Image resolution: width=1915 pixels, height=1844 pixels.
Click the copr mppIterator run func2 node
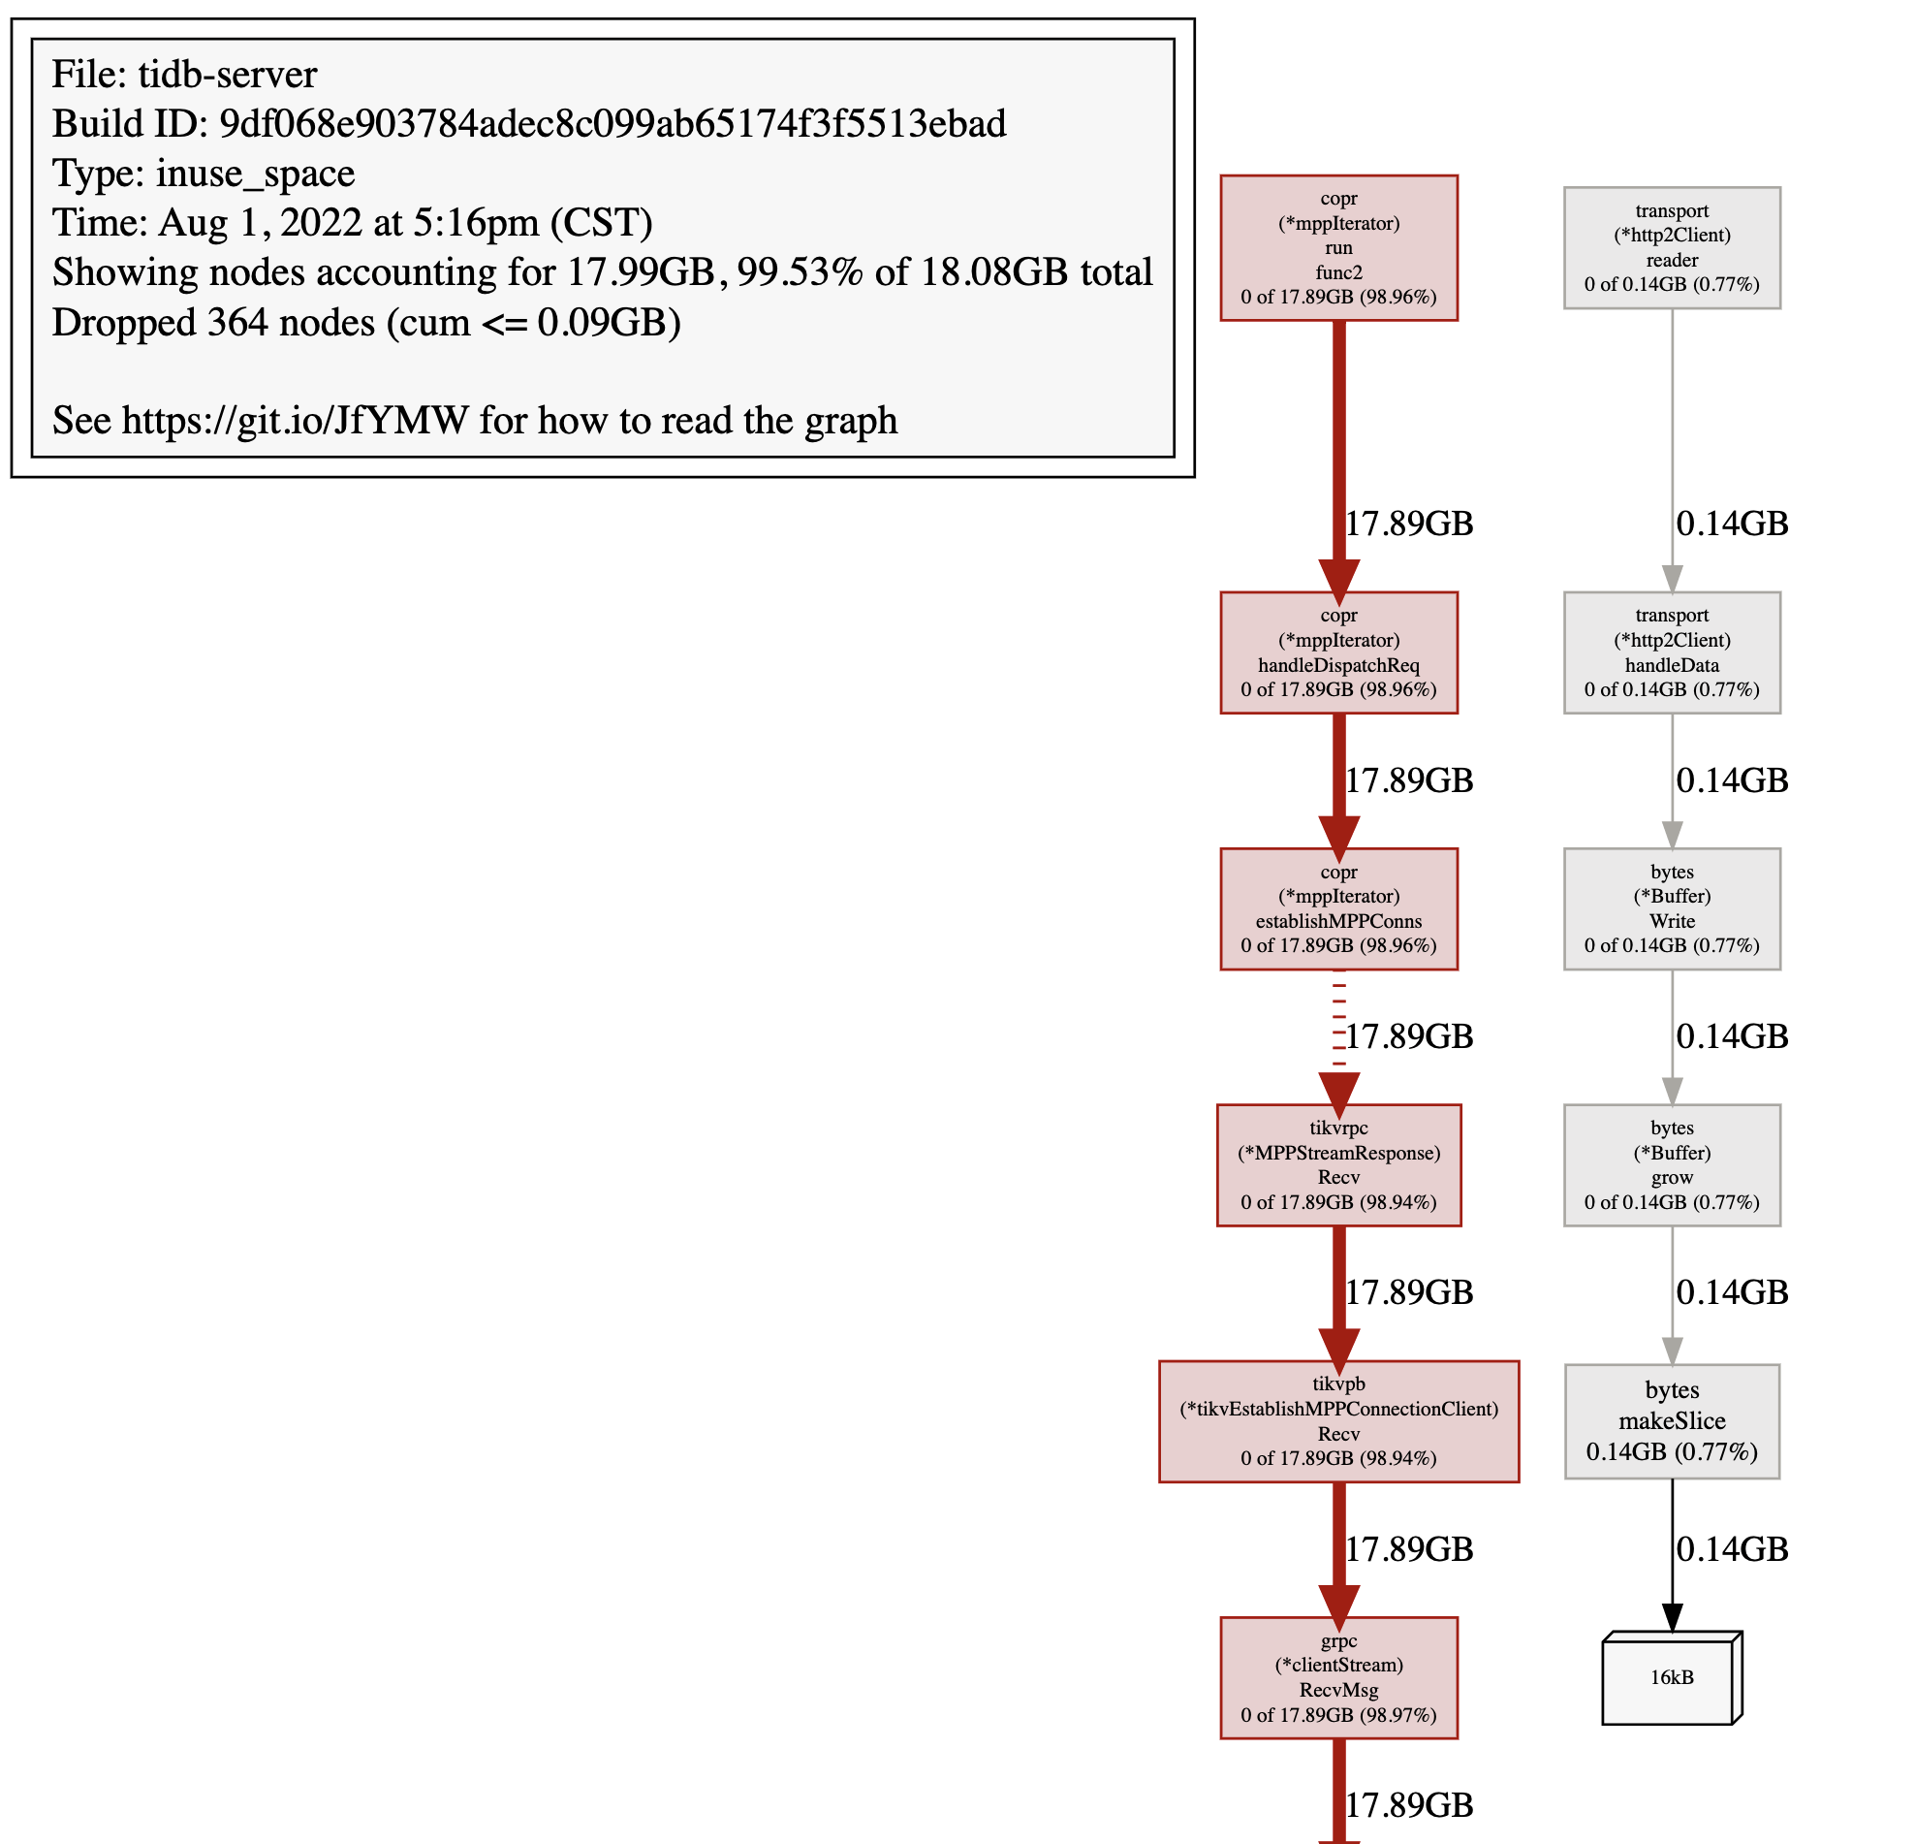pos(1337,247)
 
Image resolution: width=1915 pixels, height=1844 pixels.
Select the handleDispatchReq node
pos(1337,652)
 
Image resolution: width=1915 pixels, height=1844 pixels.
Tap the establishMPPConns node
pos(1337,907)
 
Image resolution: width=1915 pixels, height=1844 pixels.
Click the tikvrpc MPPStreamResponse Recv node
pos(1337,1163)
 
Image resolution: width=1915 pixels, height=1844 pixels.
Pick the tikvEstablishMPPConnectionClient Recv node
pos(1337,1421)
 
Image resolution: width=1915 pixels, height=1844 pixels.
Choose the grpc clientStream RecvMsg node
pos(1337,1677)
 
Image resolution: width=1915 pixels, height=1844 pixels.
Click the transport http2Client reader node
pos(1671,247)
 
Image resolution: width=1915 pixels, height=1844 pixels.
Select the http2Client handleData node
pos(1671,652)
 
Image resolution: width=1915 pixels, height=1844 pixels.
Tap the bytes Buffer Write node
pos(1671,907)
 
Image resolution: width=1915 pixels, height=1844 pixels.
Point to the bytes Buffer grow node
pos(1671,1163)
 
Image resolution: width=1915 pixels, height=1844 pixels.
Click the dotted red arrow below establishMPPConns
pos(1338,1026)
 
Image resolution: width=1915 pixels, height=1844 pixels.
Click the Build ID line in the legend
pos(528,124)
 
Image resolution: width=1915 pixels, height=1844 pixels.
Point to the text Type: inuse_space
pos(204,173)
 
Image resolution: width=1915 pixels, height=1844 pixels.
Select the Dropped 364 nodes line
pos(365,322)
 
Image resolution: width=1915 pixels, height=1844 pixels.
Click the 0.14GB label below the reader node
pos(1731,523)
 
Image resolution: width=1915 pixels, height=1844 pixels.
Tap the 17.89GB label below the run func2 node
pos(1408,523)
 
